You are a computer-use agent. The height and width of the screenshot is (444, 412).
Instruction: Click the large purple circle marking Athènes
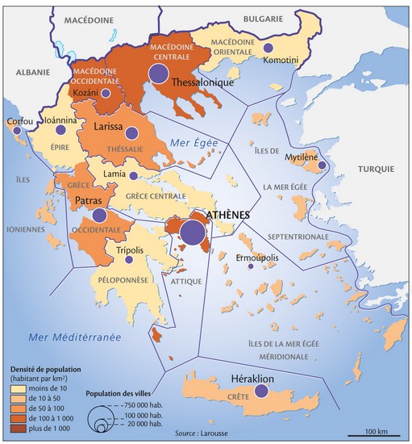click(192, 232)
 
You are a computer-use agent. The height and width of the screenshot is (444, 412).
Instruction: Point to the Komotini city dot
click(267, 49)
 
